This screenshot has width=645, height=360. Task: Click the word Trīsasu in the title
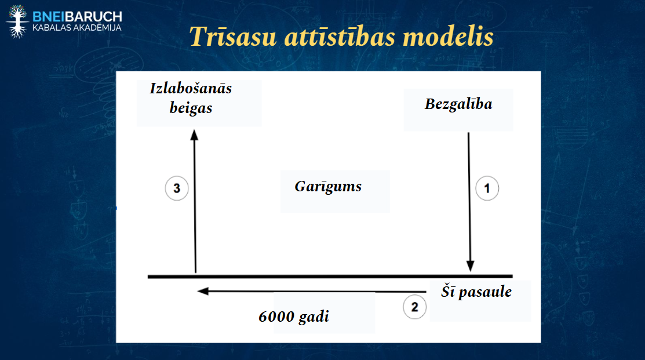pyautogui.click(x=233, y=36)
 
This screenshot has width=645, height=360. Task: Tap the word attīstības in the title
pyautogui.click(x=340, y=36)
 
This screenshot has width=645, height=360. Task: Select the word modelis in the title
pyautogui.click(x=448, y=36)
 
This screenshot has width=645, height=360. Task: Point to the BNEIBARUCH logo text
pyautogui.click(x=77, y=17)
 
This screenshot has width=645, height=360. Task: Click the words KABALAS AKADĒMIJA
pyautogui.click(x=77, y=28)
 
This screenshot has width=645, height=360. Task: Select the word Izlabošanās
pyautogui.click(x=191, y=89)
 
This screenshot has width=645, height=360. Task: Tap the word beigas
pyautogui.click(x=191, y=108)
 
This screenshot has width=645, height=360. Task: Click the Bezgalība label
pyautogui.click(x=458, y=104)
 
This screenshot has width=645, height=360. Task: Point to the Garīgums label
pyautogui.click(x=328, y=187)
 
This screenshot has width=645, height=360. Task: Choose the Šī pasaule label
pyautogui.click(x=476, y=291)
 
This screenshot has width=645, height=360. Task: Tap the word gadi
pyautogui.click(x=314, y=317)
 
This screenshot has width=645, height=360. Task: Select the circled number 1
pyautogui.click(x=487, y=188)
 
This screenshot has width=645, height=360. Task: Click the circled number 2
pyautogui.click(x=415, y=307)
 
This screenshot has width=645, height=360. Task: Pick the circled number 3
pyautogui.click(x=177, y=188)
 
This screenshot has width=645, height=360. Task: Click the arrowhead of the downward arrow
pyautogui.click(x=470, y=266)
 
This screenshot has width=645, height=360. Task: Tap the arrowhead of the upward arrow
pyautogui.click(x=194, y=135)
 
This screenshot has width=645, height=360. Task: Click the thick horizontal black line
pyautogui.click(x=330, y=277)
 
